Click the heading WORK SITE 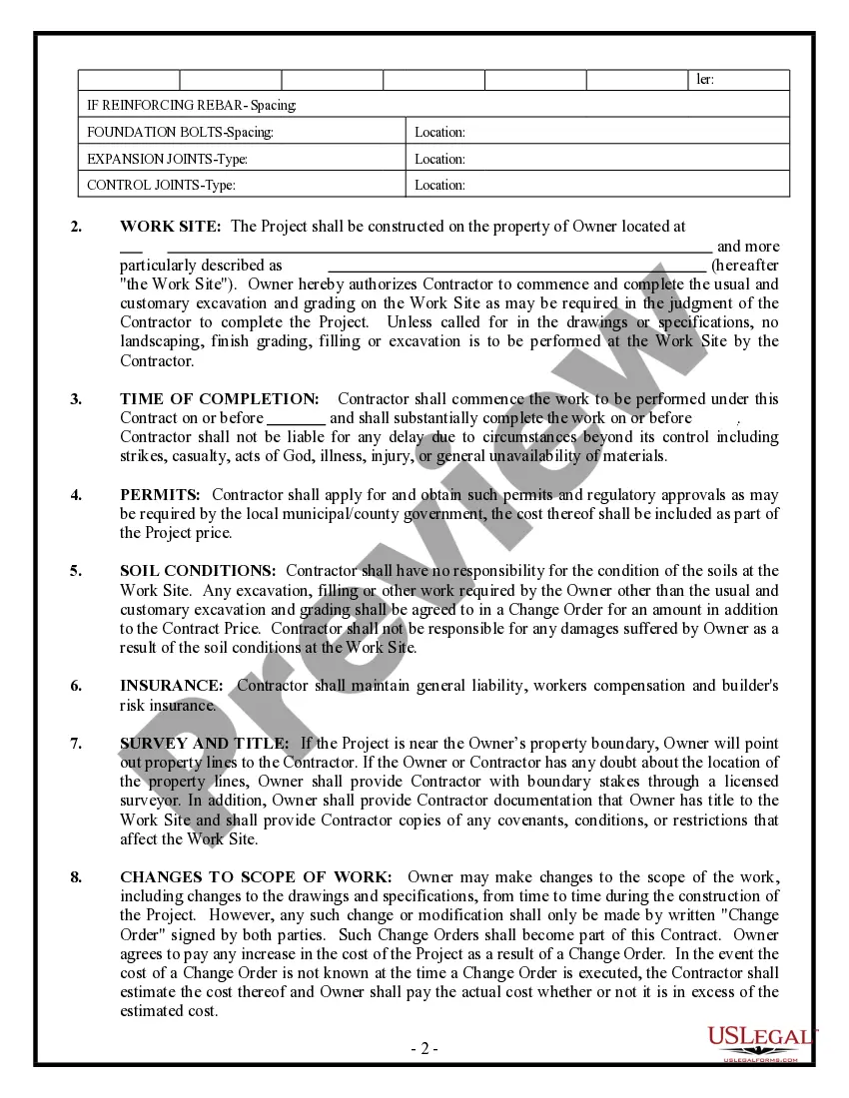coord(170,227)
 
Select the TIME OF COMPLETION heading coord(220,399)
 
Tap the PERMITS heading coord(160,495)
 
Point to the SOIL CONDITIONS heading coord(198,571)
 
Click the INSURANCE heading coord(172,686)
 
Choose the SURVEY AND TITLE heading coord(205,744)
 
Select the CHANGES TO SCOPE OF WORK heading coord(256,877)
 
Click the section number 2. coord(76,227)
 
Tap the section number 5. coord(76,571)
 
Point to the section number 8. coord(76,877)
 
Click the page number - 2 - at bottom coord(424,1049)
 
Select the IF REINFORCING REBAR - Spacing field coord(433,105)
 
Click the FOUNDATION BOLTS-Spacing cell coord(243,132)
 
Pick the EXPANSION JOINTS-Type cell coord(243,159)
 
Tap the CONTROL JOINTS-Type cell coord(243,185)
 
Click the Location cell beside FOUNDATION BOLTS coord(597,132)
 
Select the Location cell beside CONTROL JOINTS coord(597,185)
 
